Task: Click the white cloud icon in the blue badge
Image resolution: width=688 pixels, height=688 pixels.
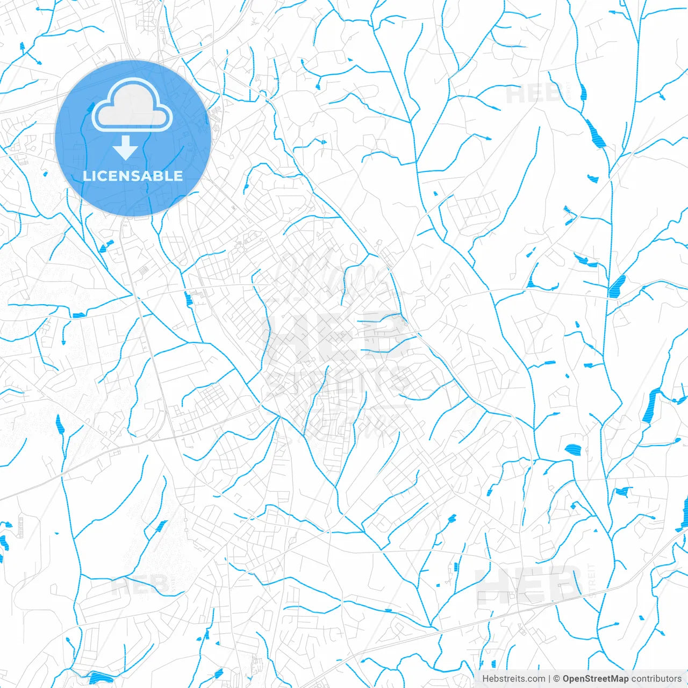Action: coord(132,106)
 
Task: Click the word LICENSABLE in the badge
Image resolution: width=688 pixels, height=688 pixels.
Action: coord(133,176)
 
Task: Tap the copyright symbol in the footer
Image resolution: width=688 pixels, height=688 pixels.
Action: coord(557,679)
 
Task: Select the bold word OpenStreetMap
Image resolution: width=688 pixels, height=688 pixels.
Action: coord(596,679)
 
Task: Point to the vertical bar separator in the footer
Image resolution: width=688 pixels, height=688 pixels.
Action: coord(550,679)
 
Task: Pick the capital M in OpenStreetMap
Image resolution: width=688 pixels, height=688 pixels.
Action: coord(615,679)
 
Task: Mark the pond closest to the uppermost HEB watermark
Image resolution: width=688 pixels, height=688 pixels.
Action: coord(583,92)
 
